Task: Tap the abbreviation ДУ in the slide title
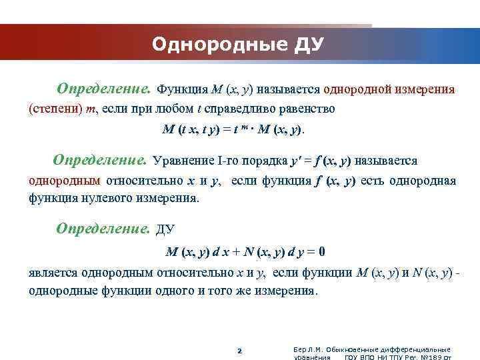tap(309, 45)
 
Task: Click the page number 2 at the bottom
tap(240, 351)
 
